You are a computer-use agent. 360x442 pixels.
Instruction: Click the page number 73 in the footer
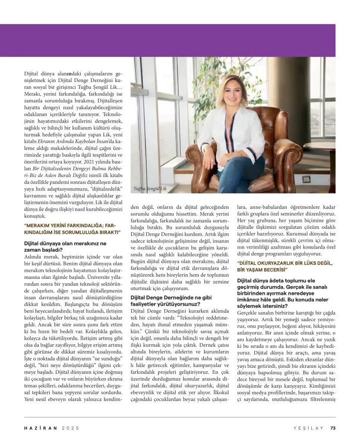pyautogui.click(x=332, y=428)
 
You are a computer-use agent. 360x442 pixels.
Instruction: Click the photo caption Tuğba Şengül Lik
pyautogui.click(x=150, y=189)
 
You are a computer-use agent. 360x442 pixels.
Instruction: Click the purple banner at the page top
pyautogui.click(x=180, y=40)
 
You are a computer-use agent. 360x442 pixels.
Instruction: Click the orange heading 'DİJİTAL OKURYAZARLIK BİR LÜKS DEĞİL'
pyautogui.click(x=286, y=266)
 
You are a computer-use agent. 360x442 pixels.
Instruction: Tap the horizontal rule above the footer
pyautogui.click(x=180, y=417)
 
